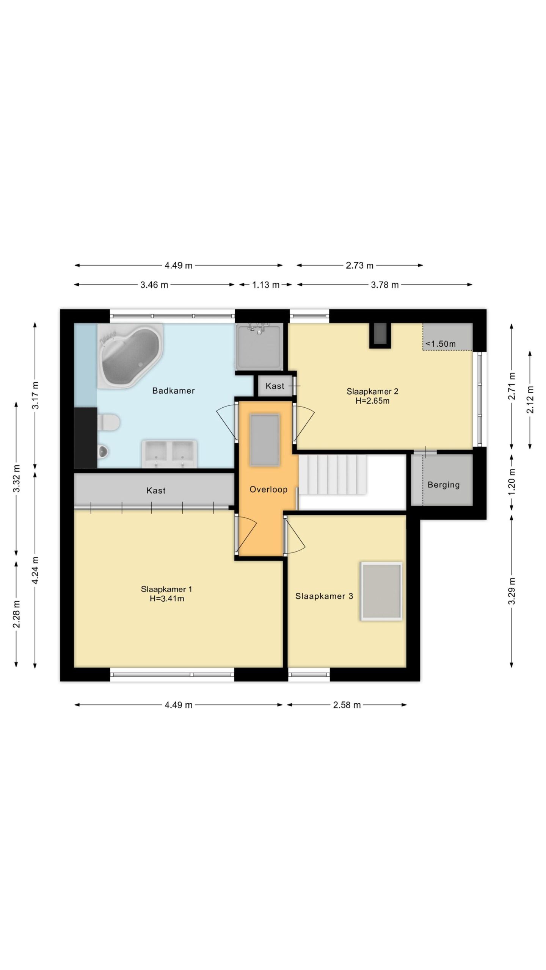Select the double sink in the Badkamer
169,454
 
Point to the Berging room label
444,485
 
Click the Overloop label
268,489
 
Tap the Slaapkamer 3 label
324,596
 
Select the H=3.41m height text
167,599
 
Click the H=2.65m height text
372,401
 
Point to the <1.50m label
441,344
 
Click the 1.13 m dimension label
266,285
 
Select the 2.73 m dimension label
359,265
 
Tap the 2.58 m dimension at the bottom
347,705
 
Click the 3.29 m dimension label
511,591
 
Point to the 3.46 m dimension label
154,285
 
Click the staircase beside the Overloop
333,475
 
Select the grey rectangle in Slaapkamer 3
381,591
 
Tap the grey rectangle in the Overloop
265,440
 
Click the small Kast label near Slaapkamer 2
275,386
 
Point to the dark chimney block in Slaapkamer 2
380,335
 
